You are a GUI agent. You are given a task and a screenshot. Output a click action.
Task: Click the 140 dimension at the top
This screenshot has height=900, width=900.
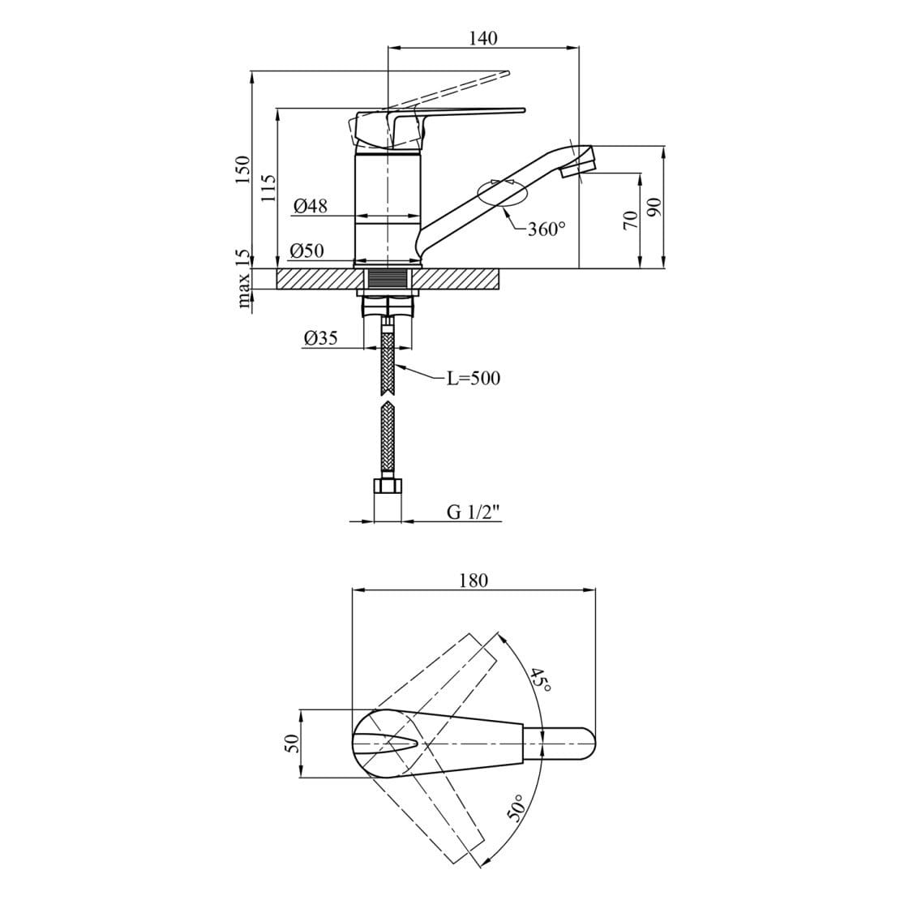click(483, 37)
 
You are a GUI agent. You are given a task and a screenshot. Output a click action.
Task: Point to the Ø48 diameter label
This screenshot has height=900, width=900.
click(311, 207)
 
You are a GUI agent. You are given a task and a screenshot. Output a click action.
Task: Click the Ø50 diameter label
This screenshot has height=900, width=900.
click(308, 251)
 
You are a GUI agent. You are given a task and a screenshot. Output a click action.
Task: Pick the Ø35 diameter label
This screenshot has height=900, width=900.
click(320, 339)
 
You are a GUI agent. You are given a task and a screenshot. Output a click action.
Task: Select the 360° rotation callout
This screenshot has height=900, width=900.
click(546, 229)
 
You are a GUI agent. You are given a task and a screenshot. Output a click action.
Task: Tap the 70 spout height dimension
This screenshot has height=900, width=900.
click(629, 220)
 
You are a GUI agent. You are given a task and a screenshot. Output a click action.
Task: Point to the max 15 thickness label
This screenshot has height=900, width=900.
click(242, 280)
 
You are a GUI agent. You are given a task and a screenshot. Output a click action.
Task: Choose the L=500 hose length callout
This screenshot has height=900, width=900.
click(474, 379)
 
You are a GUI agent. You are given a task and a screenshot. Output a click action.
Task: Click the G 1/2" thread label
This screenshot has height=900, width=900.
click(474, 512)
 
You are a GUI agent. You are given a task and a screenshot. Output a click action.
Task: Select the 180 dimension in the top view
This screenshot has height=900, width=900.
click(474, 581)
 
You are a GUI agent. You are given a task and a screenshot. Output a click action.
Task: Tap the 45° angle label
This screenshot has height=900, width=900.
click(541, 679)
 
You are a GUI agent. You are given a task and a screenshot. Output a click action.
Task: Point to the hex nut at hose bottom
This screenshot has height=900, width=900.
click(388, 486)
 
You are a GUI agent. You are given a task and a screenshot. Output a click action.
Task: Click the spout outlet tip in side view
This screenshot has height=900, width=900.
click(585, 161)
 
